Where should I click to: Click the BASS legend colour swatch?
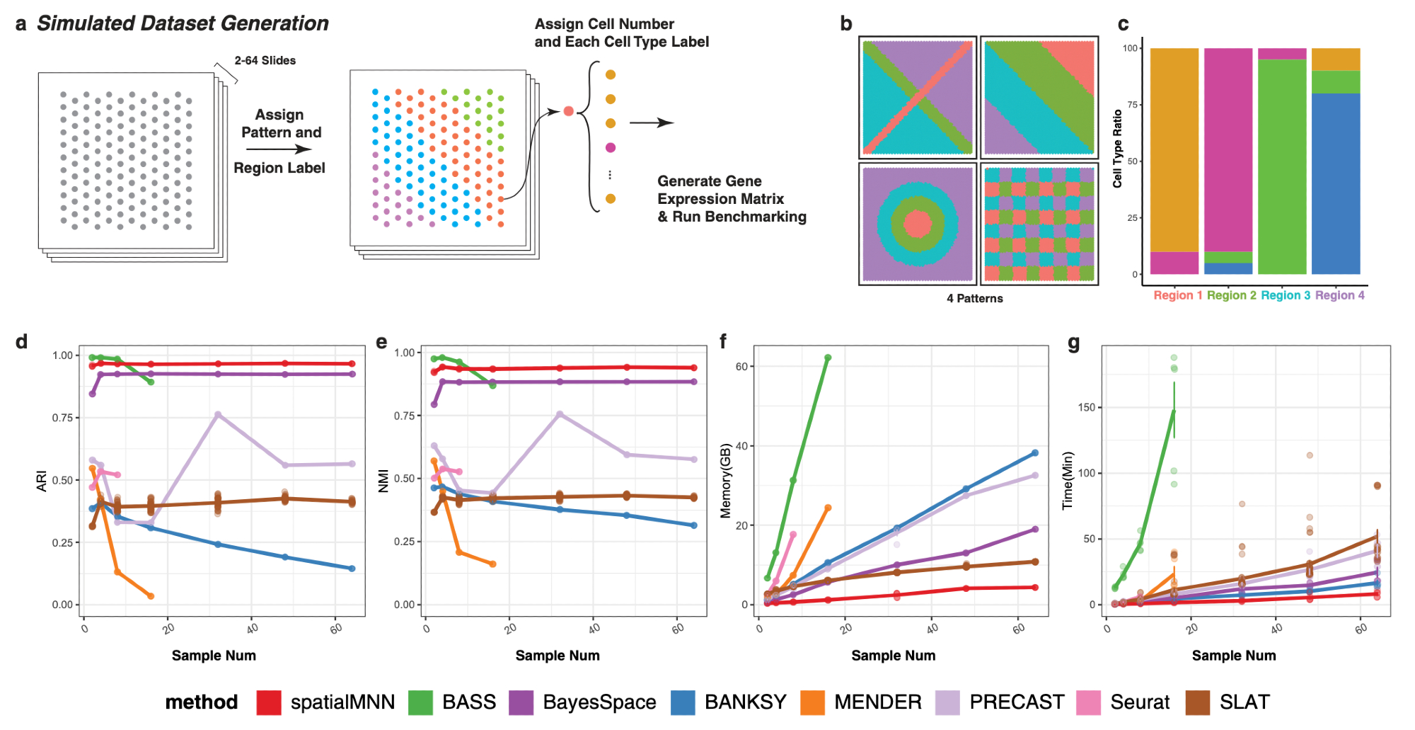420,702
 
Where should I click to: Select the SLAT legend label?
1244,702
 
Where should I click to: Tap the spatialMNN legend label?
342,702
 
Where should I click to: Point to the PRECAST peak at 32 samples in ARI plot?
218,415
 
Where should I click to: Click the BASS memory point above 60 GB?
828,358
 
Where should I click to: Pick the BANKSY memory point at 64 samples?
1035,453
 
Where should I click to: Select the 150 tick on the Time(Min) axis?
1086,407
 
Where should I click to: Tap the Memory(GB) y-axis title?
725,481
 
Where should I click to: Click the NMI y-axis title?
383,481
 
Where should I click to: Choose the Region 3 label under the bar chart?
1285,295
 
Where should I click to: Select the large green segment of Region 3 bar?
1281,166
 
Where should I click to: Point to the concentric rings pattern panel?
918,224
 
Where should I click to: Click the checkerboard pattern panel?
1039,224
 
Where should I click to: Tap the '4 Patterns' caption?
974,299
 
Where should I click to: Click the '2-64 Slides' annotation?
265,61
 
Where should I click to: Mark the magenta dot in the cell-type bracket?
611,147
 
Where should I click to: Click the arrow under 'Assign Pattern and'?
279,149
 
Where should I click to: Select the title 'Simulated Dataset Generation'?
183,23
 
